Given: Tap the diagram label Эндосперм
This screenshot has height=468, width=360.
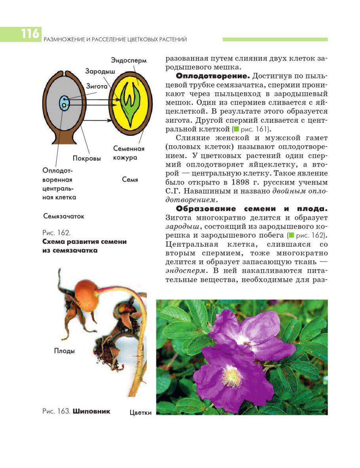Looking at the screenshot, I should (129, 61).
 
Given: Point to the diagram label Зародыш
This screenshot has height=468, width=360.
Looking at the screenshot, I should (100, 71).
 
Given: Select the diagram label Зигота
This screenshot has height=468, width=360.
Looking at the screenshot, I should (97, 86).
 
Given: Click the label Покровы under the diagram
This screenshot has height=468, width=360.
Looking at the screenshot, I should (87, 158).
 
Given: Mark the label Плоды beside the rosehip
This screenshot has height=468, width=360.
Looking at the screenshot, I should (64, 351).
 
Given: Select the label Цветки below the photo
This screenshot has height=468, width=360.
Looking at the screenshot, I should (140, 413).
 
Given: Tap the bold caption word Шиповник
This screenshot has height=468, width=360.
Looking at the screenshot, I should (91, 411).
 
